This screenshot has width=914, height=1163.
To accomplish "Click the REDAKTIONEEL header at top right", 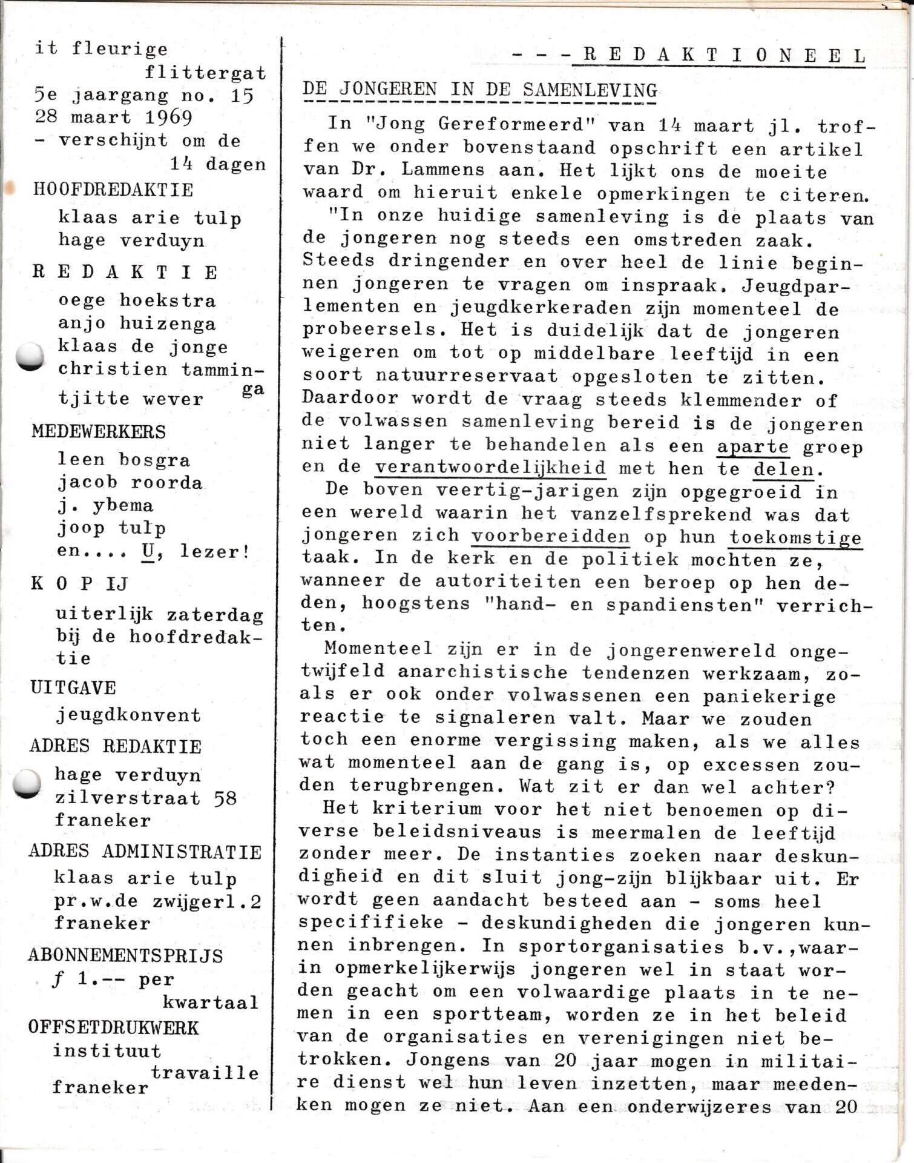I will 723,56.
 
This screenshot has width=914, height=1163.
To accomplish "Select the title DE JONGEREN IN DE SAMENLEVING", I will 479,90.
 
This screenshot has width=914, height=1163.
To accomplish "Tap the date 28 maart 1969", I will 113,116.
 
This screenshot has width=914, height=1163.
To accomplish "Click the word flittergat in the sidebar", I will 205,73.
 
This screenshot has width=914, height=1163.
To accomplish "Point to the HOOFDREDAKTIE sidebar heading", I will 113,190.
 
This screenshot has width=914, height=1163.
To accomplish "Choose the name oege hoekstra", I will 137,300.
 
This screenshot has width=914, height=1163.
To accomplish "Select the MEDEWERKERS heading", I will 99,432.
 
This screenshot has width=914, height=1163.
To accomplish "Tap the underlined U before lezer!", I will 148,551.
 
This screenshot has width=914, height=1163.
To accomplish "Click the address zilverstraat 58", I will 145,798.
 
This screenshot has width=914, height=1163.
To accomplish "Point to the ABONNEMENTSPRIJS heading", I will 125,955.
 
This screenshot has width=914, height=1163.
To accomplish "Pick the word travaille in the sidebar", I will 205,1072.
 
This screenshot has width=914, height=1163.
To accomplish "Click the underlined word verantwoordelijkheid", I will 490,468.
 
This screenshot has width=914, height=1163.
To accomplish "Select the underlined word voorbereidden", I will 550,536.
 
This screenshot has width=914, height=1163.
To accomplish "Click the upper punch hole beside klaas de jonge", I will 30,356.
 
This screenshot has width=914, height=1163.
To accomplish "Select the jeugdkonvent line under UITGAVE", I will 128,715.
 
